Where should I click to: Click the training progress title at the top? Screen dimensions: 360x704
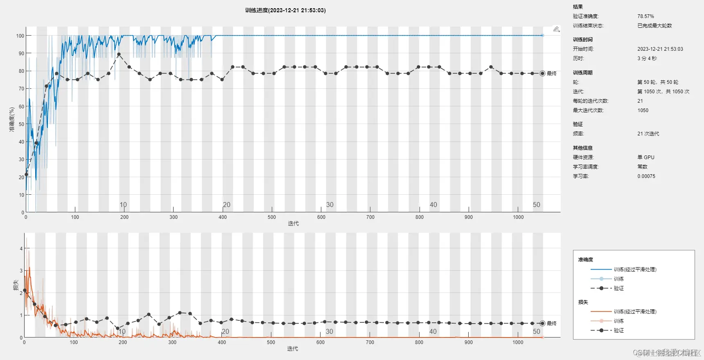(x=285, y=10)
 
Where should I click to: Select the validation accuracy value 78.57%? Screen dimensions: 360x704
(x=645, y=16)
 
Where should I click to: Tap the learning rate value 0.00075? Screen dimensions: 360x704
(x=646, y=176)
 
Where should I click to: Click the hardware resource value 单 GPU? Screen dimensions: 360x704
(x=645, y=157)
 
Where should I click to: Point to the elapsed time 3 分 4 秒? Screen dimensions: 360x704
(x=647, y=59)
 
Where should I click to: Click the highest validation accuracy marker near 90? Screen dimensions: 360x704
(x=119, y=54)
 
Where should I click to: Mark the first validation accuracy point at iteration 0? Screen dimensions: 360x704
(x=27, y=175)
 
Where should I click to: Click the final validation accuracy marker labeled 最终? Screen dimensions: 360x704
(x=542, y=74)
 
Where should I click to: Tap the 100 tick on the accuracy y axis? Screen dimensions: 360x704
(x=20, y=36)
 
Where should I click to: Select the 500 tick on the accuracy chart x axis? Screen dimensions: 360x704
(x=272, y=217)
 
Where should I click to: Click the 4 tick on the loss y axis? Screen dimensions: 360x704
(x=21, y=249)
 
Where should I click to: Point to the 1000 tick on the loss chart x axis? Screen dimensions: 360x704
(x=518, y=342)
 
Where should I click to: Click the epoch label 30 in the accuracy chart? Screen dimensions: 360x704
(x=329, y=205)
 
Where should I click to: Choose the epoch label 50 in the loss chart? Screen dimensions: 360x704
(x=536, y=331)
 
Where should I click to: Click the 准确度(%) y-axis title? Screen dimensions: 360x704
(x=12, y=119)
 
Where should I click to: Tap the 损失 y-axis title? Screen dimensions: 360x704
(x=16, y=285)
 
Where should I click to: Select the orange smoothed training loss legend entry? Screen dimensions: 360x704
(x=634, y=312)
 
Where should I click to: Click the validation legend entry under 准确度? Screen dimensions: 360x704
(x=618, y=288)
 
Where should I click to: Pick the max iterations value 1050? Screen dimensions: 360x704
(x=643, y=110)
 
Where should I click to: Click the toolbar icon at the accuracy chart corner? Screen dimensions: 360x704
(x=556, y=29)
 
